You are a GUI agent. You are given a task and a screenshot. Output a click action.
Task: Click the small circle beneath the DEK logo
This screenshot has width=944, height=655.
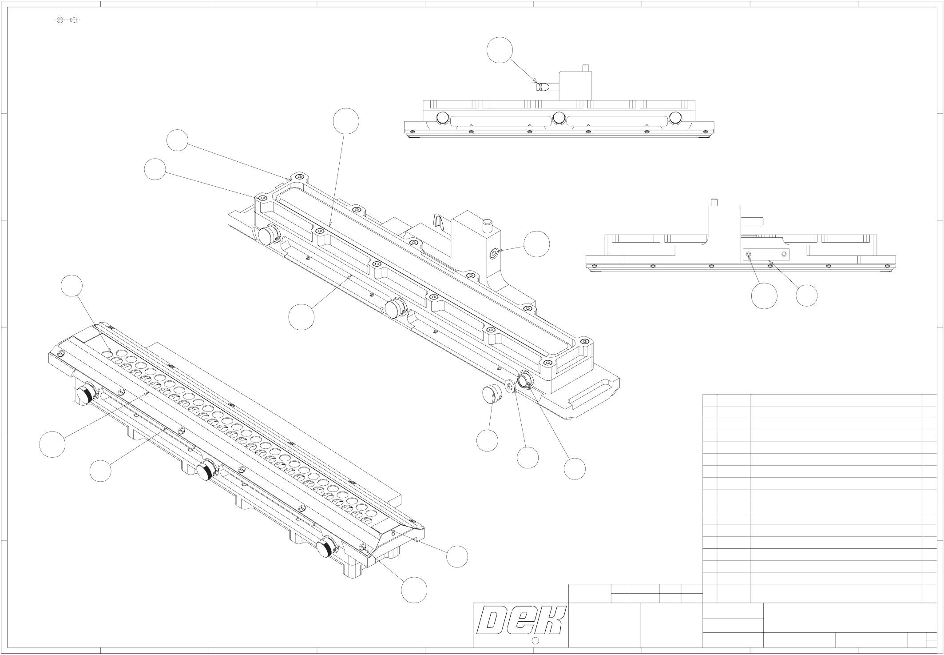(535, 640)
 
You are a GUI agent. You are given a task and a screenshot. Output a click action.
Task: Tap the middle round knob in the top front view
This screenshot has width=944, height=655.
(559, 117)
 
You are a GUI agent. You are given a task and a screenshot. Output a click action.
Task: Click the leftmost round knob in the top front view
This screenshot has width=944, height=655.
(443, 118)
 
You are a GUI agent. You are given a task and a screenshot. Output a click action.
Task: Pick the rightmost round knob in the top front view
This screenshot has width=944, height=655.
(675, 117)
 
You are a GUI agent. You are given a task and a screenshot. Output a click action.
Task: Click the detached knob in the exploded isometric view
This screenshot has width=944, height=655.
(492, 394)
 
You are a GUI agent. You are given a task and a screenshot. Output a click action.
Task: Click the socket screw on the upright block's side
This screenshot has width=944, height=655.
(493, 254)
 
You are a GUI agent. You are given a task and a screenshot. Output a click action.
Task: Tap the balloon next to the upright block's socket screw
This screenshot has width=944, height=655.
(536, 244)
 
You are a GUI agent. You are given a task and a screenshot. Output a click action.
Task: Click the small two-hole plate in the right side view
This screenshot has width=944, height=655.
(766, 254)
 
